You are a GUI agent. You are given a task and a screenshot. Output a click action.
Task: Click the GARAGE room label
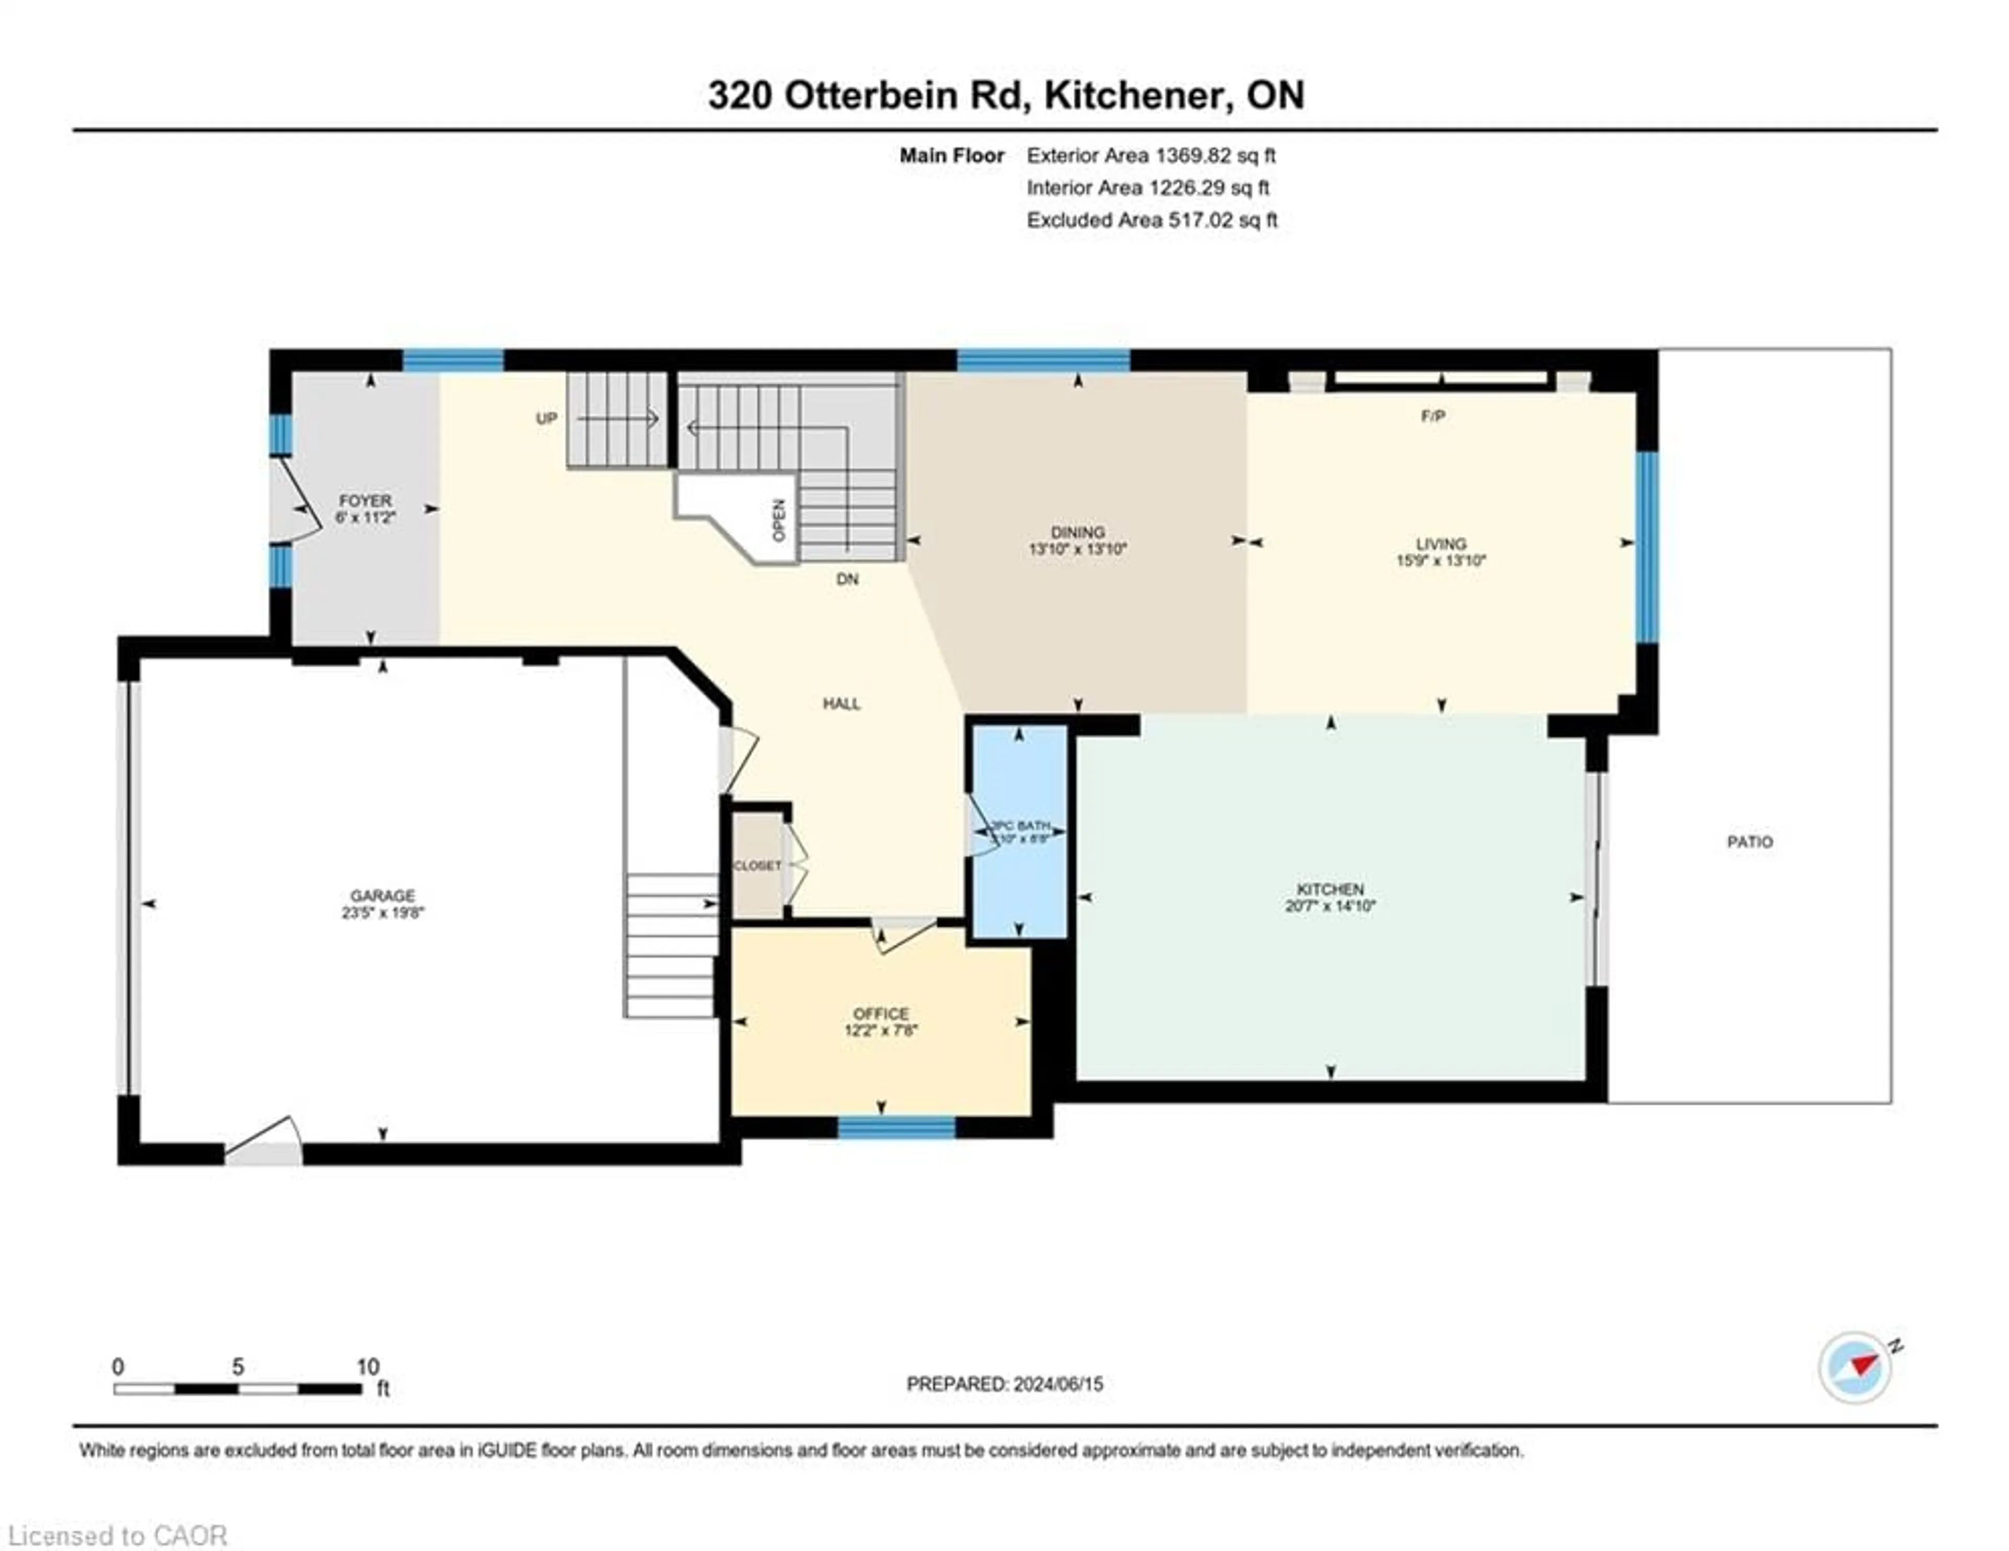click(382, 895)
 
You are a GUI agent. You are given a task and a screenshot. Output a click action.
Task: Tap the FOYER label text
click(365, 500)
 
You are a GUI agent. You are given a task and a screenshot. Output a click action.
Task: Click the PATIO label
click(1750, 842)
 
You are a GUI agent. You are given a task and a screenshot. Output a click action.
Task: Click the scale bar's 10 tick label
click(368, 1367)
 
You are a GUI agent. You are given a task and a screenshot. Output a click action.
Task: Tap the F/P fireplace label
click(1433, 417)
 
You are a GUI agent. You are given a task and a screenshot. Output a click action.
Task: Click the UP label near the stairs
click(546, 419)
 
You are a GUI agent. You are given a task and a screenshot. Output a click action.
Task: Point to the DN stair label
click(847, 579)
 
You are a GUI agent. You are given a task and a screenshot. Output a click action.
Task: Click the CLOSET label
click(757, 866)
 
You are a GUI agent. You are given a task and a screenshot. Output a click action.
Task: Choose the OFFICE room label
click(881, 1014)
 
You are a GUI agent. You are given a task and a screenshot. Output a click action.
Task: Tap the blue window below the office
click(896, 1127)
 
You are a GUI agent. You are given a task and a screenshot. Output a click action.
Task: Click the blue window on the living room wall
click(1646, 545)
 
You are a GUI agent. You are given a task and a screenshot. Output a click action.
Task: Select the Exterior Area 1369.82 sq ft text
click(1151, 155)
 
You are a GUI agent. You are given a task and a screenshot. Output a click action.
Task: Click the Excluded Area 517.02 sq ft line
click(1152, 220)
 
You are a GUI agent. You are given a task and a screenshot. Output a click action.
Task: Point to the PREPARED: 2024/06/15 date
click(1004, 1384)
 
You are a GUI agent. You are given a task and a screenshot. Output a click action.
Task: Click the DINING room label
click(1077, 533)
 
